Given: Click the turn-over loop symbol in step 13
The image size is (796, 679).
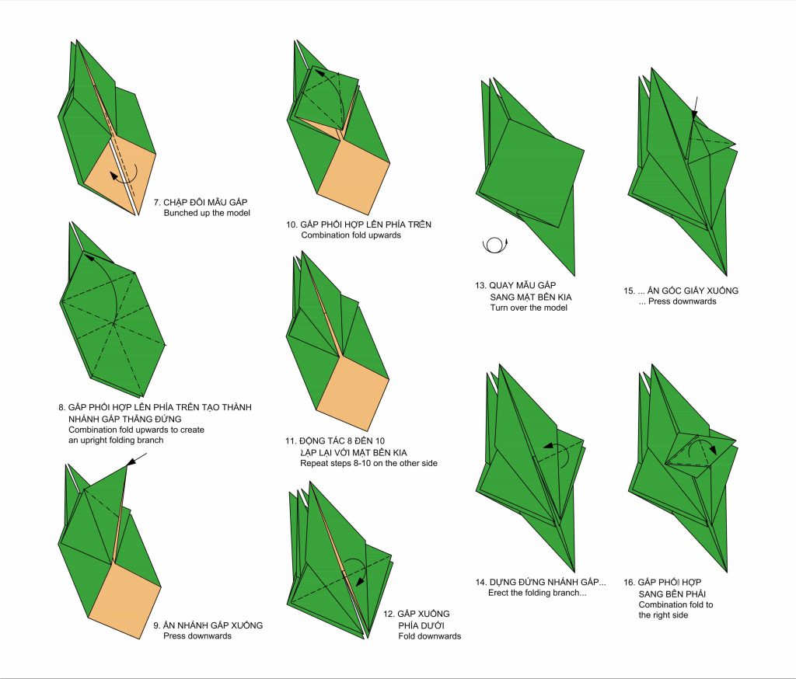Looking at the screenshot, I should [x=494, y=245].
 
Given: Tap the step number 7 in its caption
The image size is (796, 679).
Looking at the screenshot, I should [x=157, y=202].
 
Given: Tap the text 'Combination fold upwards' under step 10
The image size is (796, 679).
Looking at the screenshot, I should [x=351, y=235].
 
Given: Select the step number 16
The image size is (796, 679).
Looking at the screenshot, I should [x=628, y=583].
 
